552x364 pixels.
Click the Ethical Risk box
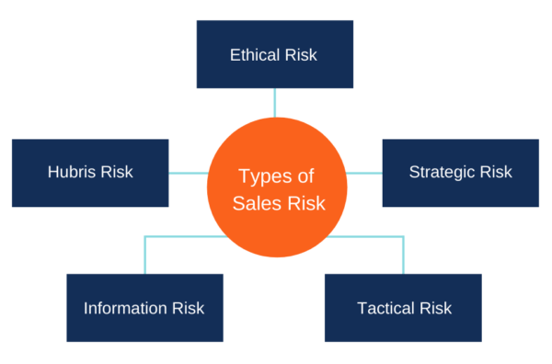pos(274,54)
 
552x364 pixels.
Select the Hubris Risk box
pos(90,173)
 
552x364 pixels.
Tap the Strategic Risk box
pos(460,173)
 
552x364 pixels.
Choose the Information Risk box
pos(144,308)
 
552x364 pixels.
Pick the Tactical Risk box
pos(403,308)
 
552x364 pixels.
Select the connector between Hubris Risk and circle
pos(189,172)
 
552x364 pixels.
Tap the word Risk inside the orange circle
pos(306,203)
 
